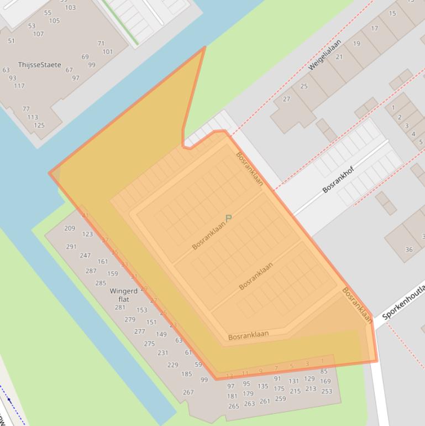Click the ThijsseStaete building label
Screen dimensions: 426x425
coord(39,65)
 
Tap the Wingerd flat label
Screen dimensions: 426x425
coord(123,295)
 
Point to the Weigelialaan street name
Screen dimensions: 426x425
coord(325,54)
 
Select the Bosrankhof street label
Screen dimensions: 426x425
coord(338,176)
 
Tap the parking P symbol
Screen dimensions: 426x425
coord(228,219)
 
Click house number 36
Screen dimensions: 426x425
coord(409,250)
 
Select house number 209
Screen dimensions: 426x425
coord(70,228)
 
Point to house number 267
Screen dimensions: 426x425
coord(188,392)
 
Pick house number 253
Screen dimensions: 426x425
coord(327,391)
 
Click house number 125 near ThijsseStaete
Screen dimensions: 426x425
coord(39,125)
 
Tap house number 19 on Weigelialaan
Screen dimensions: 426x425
coord(356,44)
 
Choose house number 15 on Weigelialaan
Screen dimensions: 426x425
coord(392,13)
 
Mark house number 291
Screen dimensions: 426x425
coord(71,247)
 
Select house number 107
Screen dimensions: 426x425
coord(38,34)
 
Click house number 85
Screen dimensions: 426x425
coord(324,371)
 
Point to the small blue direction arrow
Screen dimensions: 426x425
coord(9,400)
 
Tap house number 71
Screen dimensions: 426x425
coord(101,43)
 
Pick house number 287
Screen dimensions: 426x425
coord(91,271)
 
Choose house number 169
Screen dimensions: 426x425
coord(326,381)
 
